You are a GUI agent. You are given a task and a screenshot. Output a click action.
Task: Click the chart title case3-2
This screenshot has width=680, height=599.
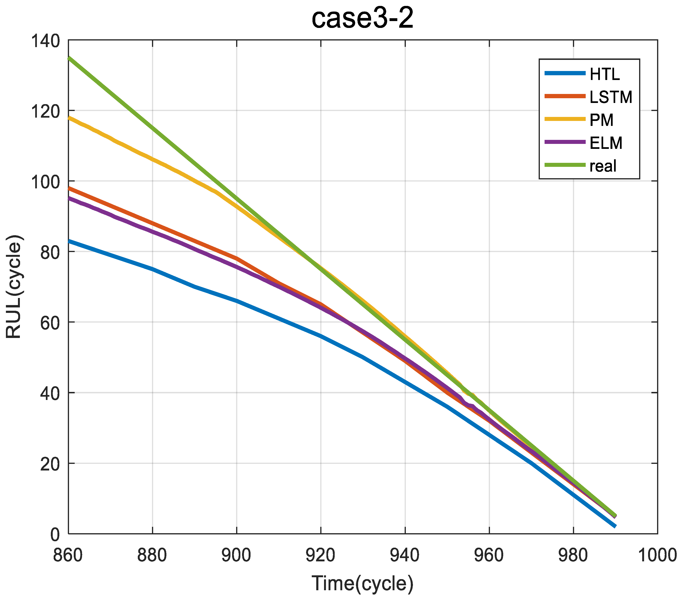pos(362,19)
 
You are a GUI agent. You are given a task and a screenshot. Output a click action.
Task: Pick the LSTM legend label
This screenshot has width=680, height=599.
pos(611,97)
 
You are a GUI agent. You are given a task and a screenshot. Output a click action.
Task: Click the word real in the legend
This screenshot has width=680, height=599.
pos(603,166)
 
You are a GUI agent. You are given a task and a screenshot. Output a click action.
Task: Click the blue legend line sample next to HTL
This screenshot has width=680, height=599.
pos(565,73)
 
